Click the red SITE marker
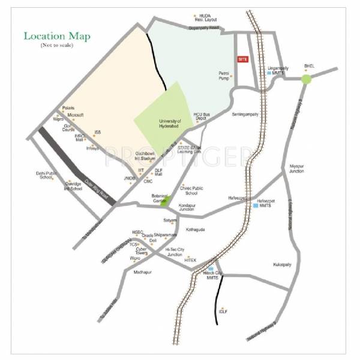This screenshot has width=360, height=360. click(242, 59)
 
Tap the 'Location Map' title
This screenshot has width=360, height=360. click(57, 37)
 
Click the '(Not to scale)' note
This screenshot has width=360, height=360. click(57, 46)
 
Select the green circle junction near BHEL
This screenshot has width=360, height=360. click(307, 79)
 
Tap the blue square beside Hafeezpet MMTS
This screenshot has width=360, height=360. click(254, 206)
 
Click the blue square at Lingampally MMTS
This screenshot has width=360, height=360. click(269, 73)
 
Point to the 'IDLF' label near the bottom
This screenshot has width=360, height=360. click(223, 311)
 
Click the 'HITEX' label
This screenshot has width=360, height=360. click(190, 260)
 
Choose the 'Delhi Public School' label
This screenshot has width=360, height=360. click(47, 175)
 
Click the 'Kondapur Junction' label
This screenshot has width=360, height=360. click(187, 208)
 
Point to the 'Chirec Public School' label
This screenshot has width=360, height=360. click(191, 190)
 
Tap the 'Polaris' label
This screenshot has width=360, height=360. click(68, 108)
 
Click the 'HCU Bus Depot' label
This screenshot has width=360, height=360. click(202, 116)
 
